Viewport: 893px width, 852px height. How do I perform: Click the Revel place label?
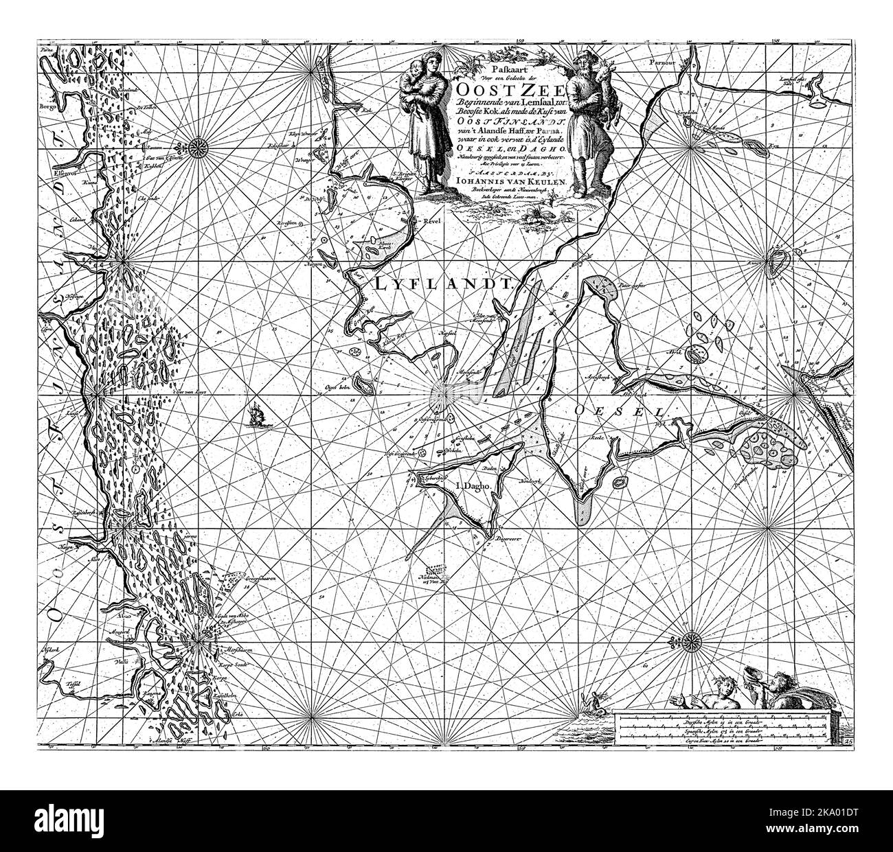click(432, 222)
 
